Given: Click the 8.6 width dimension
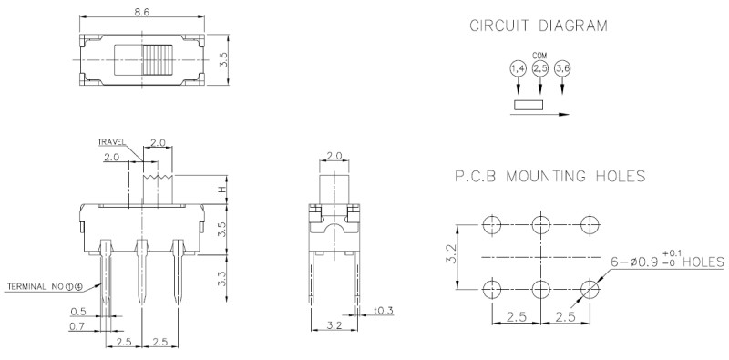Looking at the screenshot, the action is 142,11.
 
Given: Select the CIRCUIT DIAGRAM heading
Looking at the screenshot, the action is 539,26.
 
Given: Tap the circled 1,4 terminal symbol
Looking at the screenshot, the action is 518,69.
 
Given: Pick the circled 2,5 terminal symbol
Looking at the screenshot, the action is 540,69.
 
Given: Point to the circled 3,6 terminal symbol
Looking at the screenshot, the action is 562,69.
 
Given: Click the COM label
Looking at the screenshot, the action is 539,56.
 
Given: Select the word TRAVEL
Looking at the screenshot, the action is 111,142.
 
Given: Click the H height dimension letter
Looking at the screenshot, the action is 222,190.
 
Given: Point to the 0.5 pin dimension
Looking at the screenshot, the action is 78,311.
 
